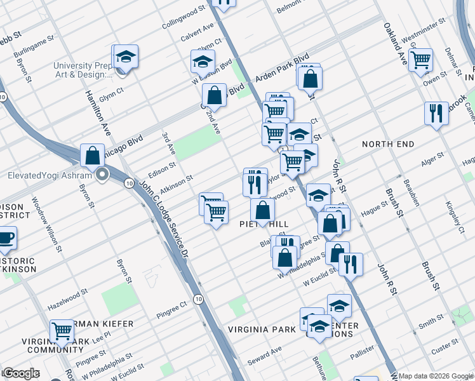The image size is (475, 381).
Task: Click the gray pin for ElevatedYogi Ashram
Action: [102, 176]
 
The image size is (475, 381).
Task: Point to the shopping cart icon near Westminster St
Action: [420, 60]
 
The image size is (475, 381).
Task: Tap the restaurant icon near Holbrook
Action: [436, 113]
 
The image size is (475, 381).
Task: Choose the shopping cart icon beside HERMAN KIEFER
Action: [62, 331]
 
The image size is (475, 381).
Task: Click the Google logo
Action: [20, 373]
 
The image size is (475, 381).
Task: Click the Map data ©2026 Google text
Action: [436, 376]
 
